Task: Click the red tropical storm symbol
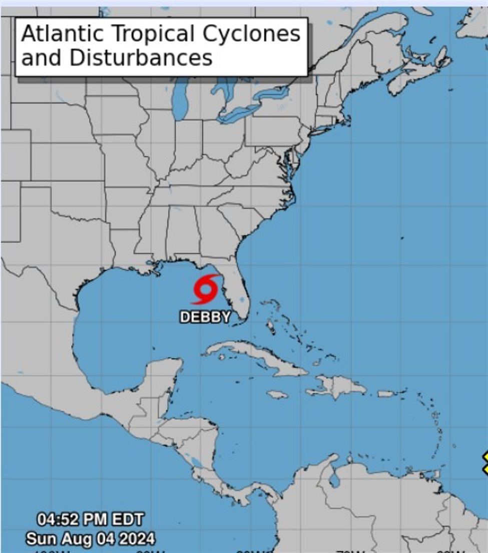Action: click(x=206, y=290)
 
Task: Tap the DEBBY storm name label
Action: click(x=205, y=317)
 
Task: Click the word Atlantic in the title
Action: click(x=62, y=34)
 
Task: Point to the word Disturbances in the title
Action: click(x=141, y=58)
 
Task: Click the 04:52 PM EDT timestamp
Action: click(x=90, y=519)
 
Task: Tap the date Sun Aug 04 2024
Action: click(x=90, y=539)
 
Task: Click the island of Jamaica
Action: click(x=277, y=395)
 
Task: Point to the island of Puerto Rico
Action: click(x=387, y=394)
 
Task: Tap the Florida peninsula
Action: click(x=235, y=296)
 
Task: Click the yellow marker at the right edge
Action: click(x=485, y=463)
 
